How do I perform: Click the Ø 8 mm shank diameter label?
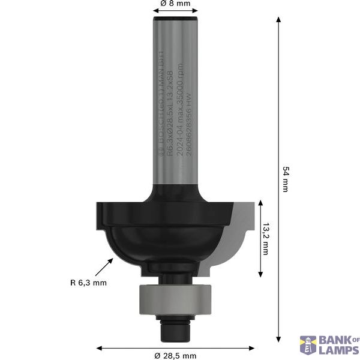click(x=175, y=4)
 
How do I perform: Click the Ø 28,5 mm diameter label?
click(x=175, y=356)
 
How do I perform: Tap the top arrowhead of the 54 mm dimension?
click(x=278, y=20)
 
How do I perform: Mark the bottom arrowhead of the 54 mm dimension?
click(x=278, y=338)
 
